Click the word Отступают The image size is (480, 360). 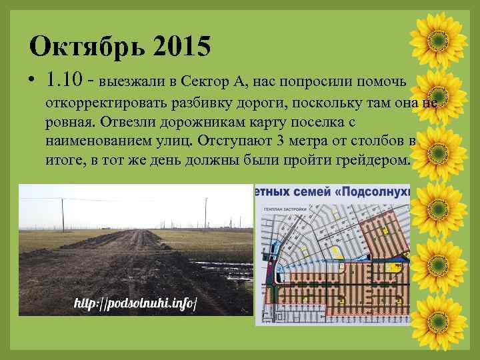click(x=255, y=142)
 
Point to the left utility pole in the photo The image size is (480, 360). click(x=63, y=213)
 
